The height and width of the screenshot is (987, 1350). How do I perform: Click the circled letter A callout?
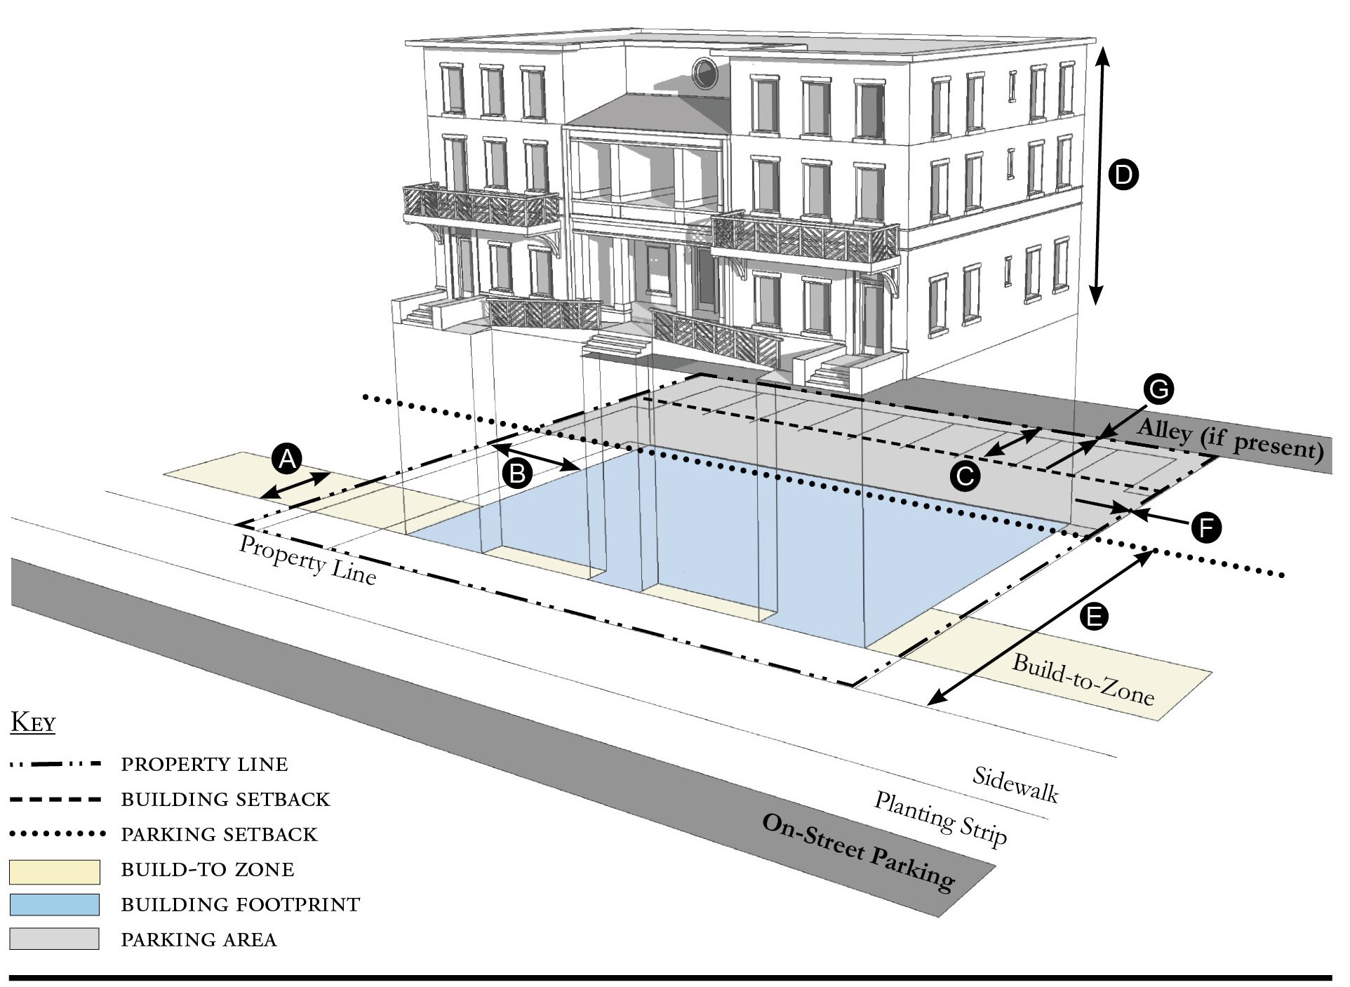coord(286,459)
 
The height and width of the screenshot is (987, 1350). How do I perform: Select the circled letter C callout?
coord(965,476)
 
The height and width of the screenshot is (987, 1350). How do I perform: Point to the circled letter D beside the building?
coord(1123,175)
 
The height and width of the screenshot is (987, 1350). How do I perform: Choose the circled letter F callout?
coord(1206,528)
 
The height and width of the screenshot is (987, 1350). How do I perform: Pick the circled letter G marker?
coord(1158,389)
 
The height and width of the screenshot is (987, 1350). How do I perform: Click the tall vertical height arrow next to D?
coord(1099,175)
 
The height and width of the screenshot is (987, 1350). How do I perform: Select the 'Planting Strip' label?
coord(940,817)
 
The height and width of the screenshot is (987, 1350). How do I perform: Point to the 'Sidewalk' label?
coord(1015,784)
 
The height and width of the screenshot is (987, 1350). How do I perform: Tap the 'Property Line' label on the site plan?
coord(307,560)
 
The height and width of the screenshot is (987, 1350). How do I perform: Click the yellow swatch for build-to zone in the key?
coord(55,871)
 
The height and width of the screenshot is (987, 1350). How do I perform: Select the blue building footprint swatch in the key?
coord(55,905)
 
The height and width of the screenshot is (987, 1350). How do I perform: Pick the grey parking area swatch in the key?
coord(55,939)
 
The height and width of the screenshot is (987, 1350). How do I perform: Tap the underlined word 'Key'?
coord(33,723)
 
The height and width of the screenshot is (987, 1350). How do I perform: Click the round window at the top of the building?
coord(703,72)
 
